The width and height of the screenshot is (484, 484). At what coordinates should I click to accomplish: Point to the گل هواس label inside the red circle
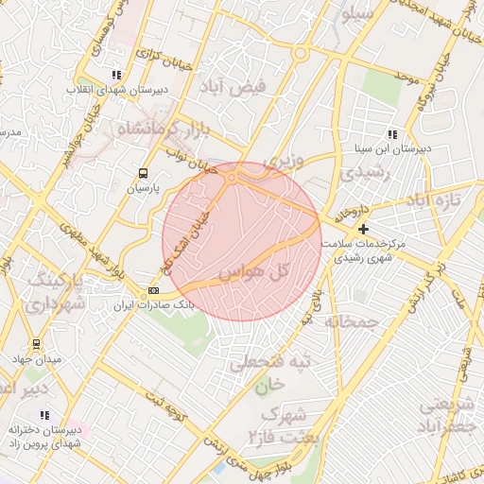coord(251,272)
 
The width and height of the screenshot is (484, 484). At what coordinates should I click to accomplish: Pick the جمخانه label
coord(352,321)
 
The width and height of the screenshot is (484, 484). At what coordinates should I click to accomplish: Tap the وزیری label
coord(284,162)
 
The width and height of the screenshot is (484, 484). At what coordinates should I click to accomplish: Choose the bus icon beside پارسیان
coord(143,173)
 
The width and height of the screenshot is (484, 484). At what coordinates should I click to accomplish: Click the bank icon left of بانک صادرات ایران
coord(154,290)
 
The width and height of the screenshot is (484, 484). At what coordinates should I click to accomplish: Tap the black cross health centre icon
coord(363,229)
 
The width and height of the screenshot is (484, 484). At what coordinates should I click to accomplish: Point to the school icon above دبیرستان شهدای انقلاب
coord(115,75)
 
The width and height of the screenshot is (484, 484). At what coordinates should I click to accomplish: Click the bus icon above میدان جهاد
coord(37,344)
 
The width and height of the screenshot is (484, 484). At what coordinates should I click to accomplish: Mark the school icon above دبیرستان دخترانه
coord(44,415)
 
